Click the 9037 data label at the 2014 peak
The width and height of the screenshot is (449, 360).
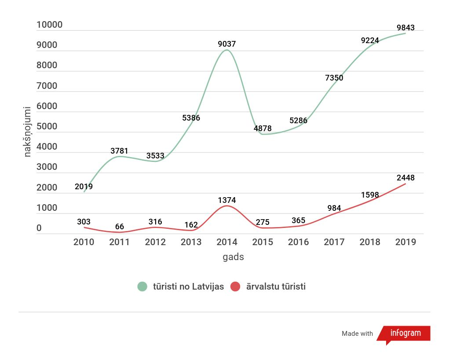point(227,44)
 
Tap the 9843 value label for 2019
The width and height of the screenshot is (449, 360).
point(405,28)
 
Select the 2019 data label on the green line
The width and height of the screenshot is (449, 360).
point(84,187)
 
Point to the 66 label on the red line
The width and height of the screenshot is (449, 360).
point(120,227)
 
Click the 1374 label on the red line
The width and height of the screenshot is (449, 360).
point(227,200)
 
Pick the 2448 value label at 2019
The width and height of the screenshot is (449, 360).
point(405,178)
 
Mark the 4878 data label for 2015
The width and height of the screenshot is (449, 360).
point(263,129)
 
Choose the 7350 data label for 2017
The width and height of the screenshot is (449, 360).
point(334,78)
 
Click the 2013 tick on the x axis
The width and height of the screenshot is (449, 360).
point(191,242)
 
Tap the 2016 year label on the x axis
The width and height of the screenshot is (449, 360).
point(299,242)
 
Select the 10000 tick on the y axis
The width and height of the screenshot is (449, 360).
point(49,25)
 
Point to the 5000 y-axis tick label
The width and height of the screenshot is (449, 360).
point(47,127)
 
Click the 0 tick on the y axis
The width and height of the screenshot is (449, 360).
point(39,228)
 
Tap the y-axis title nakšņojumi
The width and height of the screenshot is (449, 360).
point(27,131)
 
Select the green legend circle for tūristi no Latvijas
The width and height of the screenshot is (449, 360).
point(142,287)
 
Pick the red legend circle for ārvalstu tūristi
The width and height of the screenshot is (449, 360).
point(235,287)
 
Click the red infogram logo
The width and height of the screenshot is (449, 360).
point(405,333)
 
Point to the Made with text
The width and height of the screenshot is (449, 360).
point(357,334)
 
